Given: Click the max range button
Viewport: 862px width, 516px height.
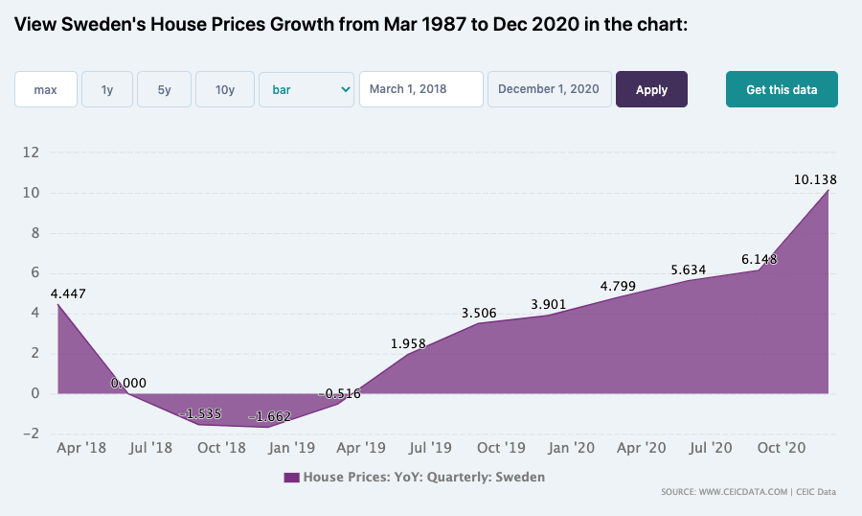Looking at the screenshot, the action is coord(46,89).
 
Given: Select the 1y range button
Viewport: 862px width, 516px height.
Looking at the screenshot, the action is coord(107,89).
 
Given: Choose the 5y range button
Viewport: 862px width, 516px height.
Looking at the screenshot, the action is coord(165,89).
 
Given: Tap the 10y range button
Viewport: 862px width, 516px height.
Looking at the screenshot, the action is coord(225,89).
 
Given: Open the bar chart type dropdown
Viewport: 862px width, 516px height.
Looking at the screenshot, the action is coord(306,89).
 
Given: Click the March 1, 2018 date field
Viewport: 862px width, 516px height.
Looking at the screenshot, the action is coord(421,89).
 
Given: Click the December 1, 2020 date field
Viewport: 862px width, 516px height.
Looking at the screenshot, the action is coord(549,89).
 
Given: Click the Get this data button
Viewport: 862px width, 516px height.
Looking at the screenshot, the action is coord(782,89).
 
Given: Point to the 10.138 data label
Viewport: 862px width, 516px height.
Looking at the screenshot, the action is coord(815,179).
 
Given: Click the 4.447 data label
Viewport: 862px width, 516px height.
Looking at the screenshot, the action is coord(68,294).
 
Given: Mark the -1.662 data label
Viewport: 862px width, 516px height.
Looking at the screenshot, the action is coord(269,417).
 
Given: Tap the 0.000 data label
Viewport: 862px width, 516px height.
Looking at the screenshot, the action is coord(128,384).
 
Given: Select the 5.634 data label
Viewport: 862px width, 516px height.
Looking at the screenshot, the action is coord(689,270).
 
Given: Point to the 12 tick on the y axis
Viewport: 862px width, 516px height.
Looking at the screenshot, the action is coord(31,152).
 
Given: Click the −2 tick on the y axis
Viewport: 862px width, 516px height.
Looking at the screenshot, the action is coord(31,434).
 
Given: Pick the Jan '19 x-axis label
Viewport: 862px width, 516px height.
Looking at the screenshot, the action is coord(291,448).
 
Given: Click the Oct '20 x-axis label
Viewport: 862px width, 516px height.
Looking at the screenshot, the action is coord(782,448).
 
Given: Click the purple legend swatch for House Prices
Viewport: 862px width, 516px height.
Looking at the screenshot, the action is coord(291,478).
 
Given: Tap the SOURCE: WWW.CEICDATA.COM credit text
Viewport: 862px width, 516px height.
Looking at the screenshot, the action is coord(724,492).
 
